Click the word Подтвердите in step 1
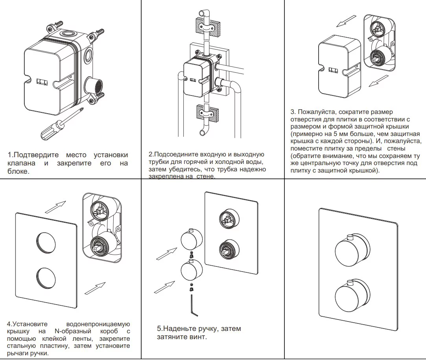coord(38,155)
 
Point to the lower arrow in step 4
coord(95,288)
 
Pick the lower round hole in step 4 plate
coord(46,279)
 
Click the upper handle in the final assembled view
coord(352,250)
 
